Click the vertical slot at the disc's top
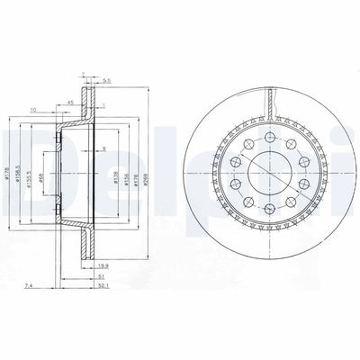[269, 103]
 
